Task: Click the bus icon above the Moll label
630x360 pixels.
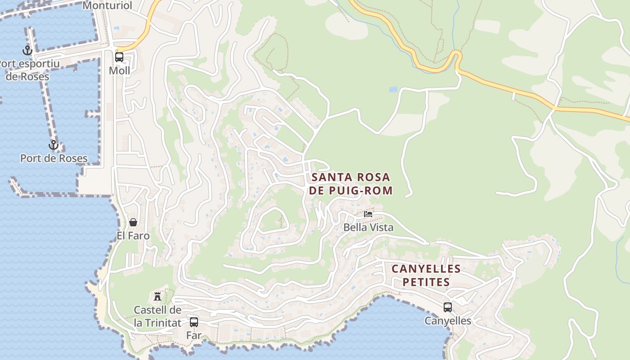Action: [119, 57]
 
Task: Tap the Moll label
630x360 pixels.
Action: [119, 71]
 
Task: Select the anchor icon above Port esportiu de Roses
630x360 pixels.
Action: [27, 50]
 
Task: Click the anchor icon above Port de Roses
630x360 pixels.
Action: [54, 145]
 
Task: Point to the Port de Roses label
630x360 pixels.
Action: [54, 158]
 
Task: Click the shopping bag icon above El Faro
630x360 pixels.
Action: [133, 222]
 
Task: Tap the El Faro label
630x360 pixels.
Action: [133, 236]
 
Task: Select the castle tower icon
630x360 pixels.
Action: [157, 296]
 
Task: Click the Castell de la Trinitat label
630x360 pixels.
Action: [157, 316]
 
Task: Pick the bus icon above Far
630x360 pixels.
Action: [194, 322]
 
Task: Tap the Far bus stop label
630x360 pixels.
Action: [193, 335]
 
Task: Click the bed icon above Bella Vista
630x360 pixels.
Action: [368, 214]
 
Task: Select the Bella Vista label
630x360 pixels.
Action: [368, 227]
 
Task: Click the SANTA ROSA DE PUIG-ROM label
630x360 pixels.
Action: [351, 184]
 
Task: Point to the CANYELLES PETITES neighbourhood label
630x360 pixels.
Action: [426, 275]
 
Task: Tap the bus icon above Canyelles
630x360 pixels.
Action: [448, 307]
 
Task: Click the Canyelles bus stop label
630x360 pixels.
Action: [448, 321]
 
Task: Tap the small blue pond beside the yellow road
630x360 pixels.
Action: [393, 90]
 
